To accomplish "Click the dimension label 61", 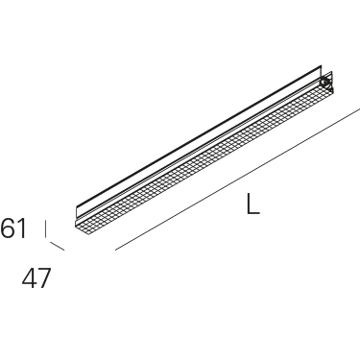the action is click(x=13, y=228).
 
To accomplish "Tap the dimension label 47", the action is click(x=36, y=278).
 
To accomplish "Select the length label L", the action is click(x=252, y=204).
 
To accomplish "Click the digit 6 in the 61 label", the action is click(x=8, y=228).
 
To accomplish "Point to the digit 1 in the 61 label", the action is click(x=22, y=228).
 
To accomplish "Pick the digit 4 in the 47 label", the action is click(x=29, y=278).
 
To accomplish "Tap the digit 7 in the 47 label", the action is click(x=44, y=278).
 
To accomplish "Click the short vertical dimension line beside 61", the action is click(x=46, y=228).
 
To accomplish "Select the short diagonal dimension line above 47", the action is click(x=58, y=247).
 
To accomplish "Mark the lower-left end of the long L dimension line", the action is click(x=115, y=250).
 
